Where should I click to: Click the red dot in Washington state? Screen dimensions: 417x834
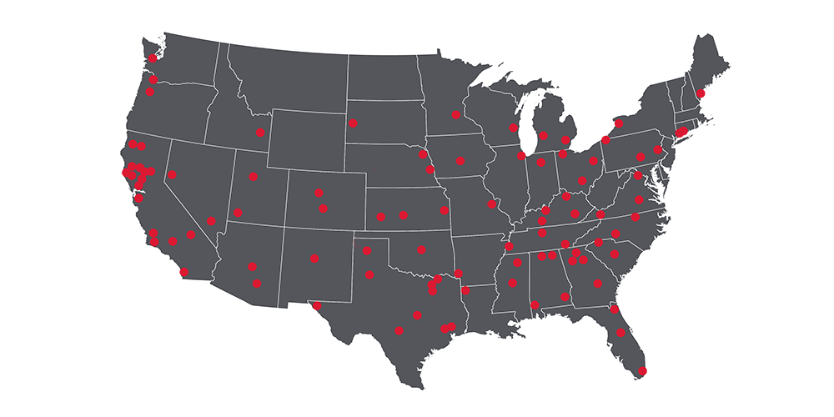(x=153, y=58)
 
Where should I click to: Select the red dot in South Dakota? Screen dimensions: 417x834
(x=354, y=123)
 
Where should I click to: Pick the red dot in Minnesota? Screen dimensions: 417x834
(x=455, y=115)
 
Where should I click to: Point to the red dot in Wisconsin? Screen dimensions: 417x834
(x=512, y=128)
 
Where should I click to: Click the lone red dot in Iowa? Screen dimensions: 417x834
(x=460, y=161)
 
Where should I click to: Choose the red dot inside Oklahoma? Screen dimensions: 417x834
(x=421, y=249)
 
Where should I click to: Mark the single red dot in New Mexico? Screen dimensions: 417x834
(x=314, y=259)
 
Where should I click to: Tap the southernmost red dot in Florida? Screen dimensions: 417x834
(x=642, y=370)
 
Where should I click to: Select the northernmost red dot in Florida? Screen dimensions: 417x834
(x=615, y=309)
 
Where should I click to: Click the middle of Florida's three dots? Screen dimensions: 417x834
(x=621, y=334)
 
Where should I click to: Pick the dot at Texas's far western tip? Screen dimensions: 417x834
(x=316, y=305)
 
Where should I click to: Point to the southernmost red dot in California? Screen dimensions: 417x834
(x=184, y=272)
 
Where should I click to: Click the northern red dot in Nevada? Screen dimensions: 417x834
(x=172, y=175)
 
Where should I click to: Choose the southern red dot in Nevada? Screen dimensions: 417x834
(x=212, y=221)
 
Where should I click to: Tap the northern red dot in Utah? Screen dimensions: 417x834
(x=254, y=177)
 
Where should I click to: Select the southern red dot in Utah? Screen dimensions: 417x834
(x=238, y=213)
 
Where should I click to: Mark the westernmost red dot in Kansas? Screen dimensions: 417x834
(x=381, y=218)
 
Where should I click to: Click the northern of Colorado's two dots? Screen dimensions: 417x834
(x=319, y=193)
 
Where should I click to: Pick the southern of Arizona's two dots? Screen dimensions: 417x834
(x=257, y=284)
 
